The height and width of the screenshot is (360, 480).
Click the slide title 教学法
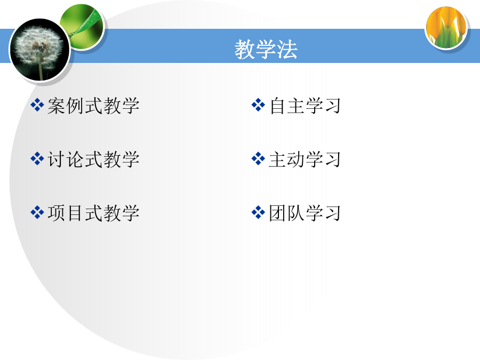point(266,49)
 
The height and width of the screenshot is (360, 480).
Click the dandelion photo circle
point(39,50)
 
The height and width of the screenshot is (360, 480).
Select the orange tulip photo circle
point(446,28)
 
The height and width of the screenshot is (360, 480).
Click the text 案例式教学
point(93,106)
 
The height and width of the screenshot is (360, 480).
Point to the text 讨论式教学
point(93,159)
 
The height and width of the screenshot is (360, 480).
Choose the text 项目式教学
point(93,213)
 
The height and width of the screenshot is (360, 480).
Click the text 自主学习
point(305,106)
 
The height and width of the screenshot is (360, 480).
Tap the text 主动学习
point(305,159)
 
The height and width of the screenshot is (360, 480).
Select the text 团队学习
point(305,213)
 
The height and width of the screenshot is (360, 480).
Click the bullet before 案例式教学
point(37,105)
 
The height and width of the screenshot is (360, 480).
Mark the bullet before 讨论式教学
point(37,158)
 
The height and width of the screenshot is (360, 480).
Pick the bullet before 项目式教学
point(37,212)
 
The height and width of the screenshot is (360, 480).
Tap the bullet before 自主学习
point(258,105)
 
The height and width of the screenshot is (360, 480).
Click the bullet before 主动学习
point(258,158)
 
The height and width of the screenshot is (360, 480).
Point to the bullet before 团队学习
point(258,212)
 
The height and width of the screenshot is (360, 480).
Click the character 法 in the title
point(287,49)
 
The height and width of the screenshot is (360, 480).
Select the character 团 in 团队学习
point(278,213)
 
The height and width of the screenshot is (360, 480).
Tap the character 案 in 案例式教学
point(57,106)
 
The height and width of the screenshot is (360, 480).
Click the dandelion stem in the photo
point(41,70)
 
